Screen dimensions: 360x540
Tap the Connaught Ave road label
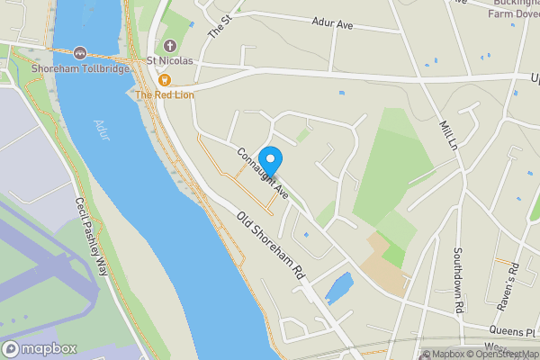[x=262, y=172]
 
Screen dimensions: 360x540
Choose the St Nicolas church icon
[x=170, y=46]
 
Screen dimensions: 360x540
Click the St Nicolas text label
[x=170, y=61]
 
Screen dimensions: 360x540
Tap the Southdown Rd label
[x=458, y=279]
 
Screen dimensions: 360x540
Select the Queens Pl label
[x=518, y=331]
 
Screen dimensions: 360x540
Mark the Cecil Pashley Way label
[x=92, y=237]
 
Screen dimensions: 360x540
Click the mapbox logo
[x=40, y=348]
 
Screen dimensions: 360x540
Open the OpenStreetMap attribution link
[x=499, y=354]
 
